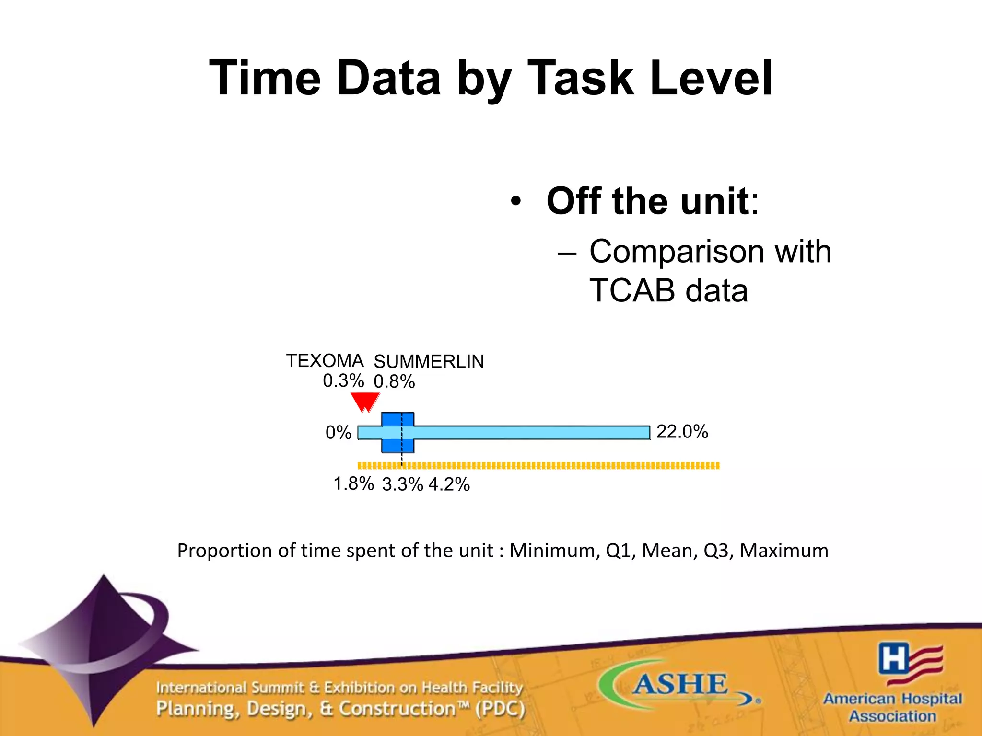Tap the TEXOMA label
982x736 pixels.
[x=325, y=360]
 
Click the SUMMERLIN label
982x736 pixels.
[x=429, y=361]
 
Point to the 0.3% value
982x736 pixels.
[x=343, y=381]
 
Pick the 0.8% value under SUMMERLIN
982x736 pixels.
[x=394, y=382]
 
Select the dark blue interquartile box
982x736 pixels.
[x=397, y=432]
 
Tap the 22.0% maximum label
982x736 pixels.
[x=682, y=432]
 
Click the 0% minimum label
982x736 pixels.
[x=338, y=433]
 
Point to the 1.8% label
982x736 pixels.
[x=353, y=483]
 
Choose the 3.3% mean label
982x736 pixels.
[x=402, y=484]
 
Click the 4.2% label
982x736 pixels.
[x=449, y=484]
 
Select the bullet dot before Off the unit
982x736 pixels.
[x=515, y=201]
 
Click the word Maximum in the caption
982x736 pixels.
[x=783, y=551]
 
